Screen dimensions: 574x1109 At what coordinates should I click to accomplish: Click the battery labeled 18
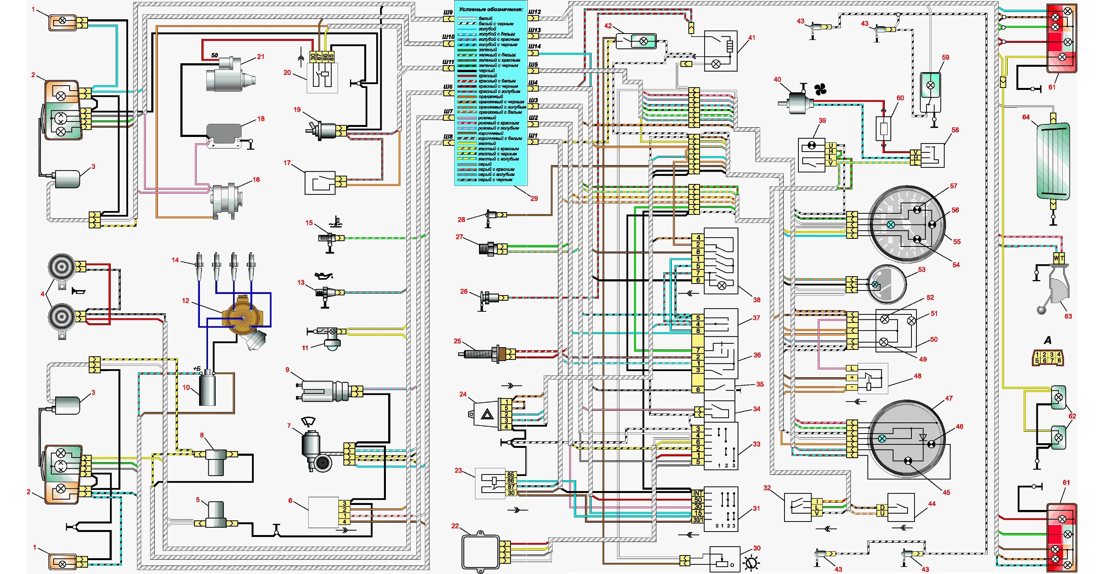point(224,135)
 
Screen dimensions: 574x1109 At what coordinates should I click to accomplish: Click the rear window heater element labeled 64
point(1053,161)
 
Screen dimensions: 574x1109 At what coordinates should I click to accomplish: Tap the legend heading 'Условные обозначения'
point(491,9)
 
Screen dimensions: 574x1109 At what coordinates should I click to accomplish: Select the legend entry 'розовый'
point(487,118)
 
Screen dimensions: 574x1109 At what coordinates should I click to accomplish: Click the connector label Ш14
point(534,46)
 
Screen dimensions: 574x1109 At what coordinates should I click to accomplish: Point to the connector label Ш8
point(448,137)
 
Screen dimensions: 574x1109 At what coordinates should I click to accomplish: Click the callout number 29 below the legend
point(534,198)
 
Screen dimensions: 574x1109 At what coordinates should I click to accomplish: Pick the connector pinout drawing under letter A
point(1048,358)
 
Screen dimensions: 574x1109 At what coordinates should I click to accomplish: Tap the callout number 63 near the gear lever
point(1068,316)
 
